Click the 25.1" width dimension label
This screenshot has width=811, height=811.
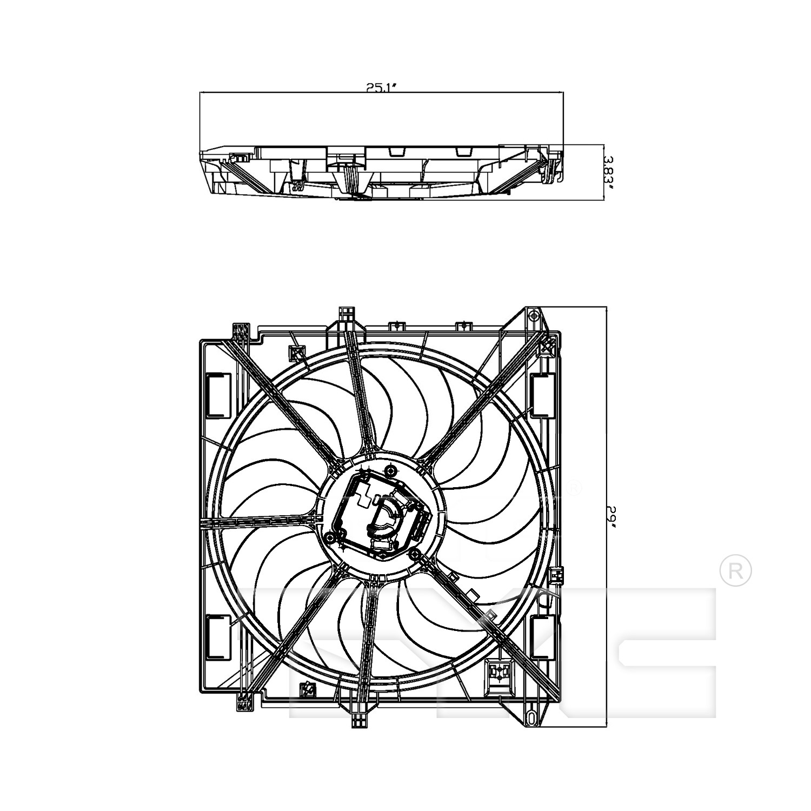[382, 88]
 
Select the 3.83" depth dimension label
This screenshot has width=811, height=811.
[609, 171]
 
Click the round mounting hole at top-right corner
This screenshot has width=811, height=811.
[534, 315]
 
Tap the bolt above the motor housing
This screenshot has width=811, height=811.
[391, 469]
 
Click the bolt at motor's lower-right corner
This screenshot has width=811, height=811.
[415, 555]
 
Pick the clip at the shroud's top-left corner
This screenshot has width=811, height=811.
[240, 331]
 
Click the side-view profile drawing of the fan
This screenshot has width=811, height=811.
[382, 172]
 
